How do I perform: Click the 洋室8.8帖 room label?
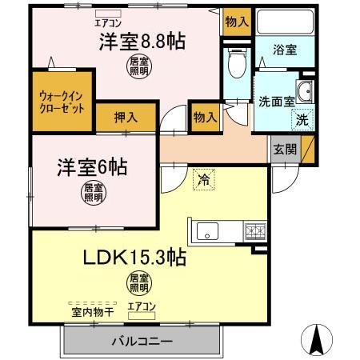pyautogui.click(x=142, y=42)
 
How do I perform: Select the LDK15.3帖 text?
pyautogui.click(x=135, y=258)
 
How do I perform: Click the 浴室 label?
pyautogui.click(x=285, y=50)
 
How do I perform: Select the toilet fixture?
pyautogui.click(x=236, y=62)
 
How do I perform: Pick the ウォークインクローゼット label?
pyautogui.click(x=62, y=102)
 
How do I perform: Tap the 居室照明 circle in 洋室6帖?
pyautogui.click(x=93, y=191)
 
